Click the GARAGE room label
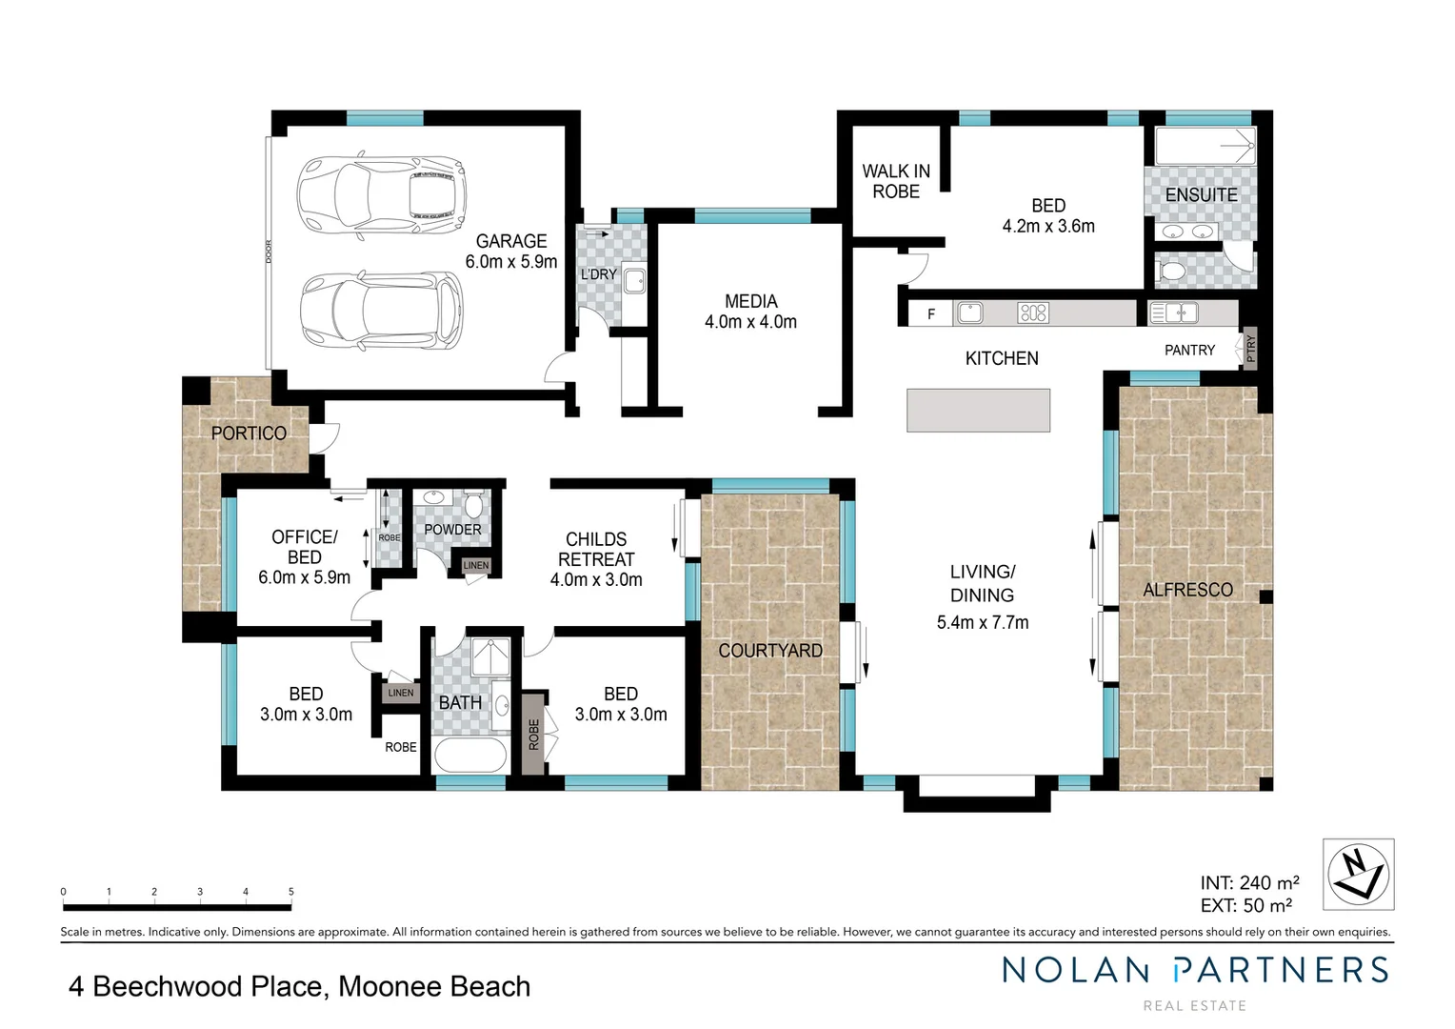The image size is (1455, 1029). tap(511, 241)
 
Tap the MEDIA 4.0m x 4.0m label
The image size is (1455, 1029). tap(751, 312)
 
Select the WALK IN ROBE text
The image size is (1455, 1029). tap(896, 181)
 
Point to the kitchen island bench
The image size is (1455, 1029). tap(978, 410)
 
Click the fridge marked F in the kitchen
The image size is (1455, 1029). tap(931, 314)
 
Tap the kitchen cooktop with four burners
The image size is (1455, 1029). tap(1033, 313)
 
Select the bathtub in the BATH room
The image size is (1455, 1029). tap(470, 755)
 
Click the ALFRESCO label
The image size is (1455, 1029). tap(1187, 590)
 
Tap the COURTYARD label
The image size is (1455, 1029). tap(770, 651)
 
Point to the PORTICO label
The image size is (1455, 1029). tap(249, 434)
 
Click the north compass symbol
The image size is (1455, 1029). tap(1358, 875)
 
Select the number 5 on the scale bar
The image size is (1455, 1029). tap(291, 892)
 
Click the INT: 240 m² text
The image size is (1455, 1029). tap(1249, 882)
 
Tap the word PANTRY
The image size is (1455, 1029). tap(1189, 351)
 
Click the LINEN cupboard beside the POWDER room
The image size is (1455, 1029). tap(475, 566)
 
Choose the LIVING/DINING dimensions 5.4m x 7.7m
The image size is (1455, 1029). tap(982, 623)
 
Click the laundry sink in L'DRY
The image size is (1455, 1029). tap(634, 281)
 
